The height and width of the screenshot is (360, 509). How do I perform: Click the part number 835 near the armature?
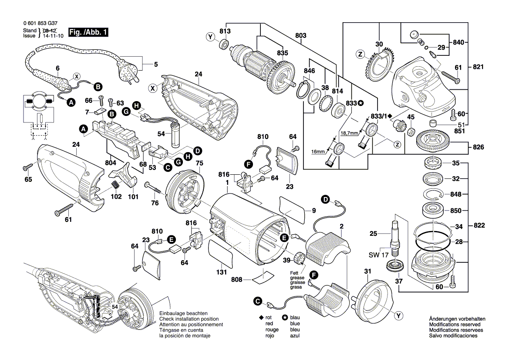point(283,53)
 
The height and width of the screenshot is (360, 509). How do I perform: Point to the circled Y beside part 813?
point(211,37)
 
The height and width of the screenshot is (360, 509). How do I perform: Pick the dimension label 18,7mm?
point(348,132)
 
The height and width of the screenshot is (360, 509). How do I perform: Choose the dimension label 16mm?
point(319,152)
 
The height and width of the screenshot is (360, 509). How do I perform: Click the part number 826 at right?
point(478,147)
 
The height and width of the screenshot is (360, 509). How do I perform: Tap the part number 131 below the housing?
point(221,272)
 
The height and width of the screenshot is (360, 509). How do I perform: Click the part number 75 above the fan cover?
point(199,163)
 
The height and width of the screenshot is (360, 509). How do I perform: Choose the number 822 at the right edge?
point(478,225)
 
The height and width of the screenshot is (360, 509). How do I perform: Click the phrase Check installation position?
point(185,319)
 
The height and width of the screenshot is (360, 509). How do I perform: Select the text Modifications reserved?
point(455,325)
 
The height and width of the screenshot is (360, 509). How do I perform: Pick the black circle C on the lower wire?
point(257,301)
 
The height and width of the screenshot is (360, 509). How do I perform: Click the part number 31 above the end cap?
point(367,272)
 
